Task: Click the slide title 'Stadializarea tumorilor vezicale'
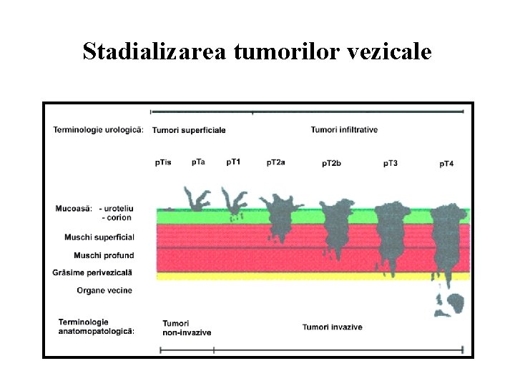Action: (257, 51)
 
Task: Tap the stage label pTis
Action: (163, 162)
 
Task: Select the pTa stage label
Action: (198, 162)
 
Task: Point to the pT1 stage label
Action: (233, 162)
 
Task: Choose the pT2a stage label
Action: (275, 162)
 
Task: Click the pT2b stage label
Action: (331, 163)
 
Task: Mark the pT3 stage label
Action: (390, 163)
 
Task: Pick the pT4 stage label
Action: (446, 164)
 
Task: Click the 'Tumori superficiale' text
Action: (189, 130)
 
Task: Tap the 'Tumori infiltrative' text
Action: (344, 129)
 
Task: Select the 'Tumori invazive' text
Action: (332, 327)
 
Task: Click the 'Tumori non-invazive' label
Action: (187, 327)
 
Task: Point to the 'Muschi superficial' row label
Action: (104, 237)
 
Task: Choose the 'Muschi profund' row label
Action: (104, 255)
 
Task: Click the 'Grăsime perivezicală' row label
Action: (93, 272)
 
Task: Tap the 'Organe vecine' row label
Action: (104, 290)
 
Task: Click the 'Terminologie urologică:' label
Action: (98, 129)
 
